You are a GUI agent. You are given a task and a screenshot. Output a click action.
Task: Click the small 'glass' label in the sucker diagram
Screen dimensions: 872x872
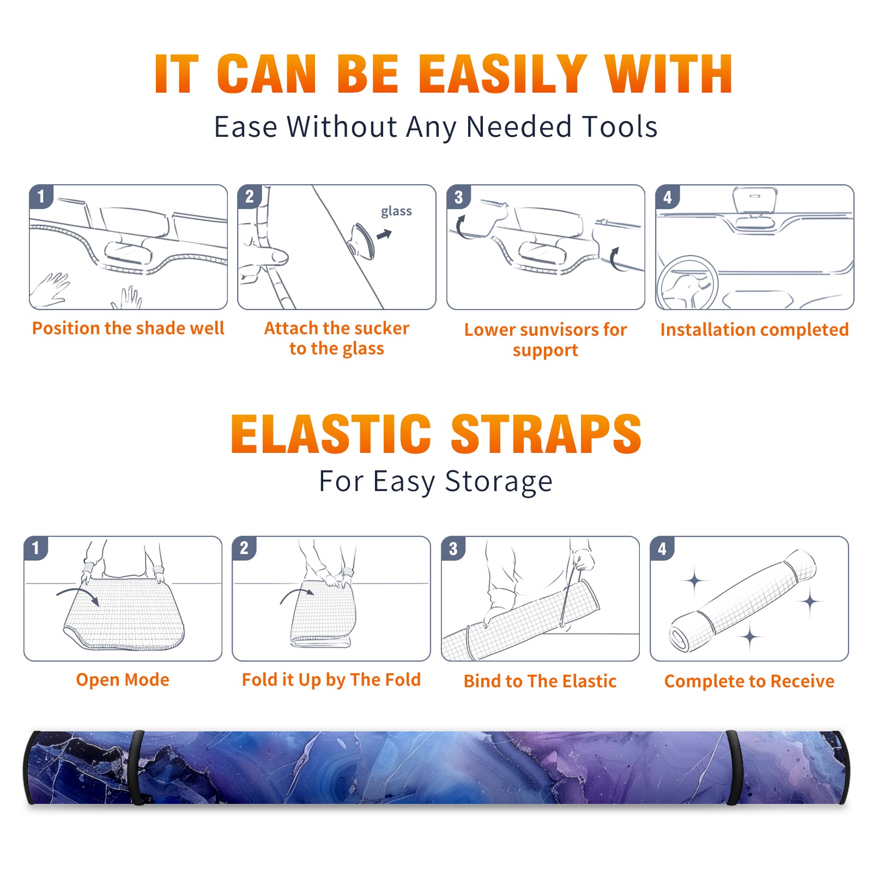pyautogui.click(x=396, y=211)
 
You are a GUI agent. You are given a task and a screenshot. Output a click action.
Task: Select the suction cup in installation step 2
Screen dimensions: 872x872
pyautogui.click(x=362, y=240)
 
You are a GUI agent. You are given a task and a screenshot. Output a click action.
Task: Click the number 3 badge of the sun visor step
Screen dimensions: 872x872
pyautogui.click(x=459, y=197)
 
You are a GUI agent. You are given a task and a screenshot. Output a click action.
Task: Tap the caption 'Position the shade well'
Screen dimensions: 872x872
pyautogui.click(x=128, y=328)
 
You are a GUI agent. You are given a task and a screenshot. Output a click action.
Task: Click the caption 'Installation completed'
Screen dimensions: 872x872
pyautogui.click(x=754, y=330)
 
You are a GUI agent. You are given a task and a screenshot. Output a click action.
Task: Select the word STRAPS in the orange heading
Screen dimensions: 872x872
pyautogui.click(x=546, y=434)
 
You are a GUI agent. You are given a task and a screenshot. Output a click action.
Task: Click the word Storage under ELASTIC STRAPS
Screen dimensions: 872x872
pyautogui.click(x=499, y=482)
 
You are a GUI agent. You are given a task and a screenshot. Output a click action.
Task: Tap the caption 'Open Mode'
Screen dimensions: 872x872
pyautogui.click(x=123, y=680)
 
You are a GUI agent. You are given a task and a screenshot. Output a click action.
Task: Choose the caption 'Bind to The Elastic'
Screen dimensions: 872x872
pyautogui.click(x=540, y=681)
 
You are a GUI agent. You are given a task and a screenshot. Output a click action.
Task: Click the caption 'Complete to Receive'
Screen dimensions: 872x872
pyautogui.click(x=749, y=681)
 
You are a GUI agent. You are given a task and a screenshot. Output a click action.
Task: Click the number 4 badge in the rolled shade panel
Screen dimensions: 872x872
pyautogui.click(x=662, y=548)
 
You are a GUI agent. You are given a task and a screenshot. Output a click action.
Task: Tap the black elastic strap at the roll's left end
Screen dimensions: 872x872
pyautogui.click(x=137, y=767)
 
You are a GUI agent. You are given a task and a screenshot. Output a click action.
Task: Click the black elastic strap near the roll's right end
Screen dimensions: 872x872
pyautogui.click(x=734, y=767)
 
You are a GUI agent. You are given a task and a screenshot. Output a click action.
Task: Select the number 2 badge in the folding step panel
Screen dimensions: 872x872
pyautogui.click(x=244, y=548)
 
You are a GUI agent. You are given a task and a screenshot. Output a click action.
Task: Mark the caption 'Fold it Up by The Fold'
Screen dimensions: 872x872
pyautogui.click(x=331, y=680)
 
